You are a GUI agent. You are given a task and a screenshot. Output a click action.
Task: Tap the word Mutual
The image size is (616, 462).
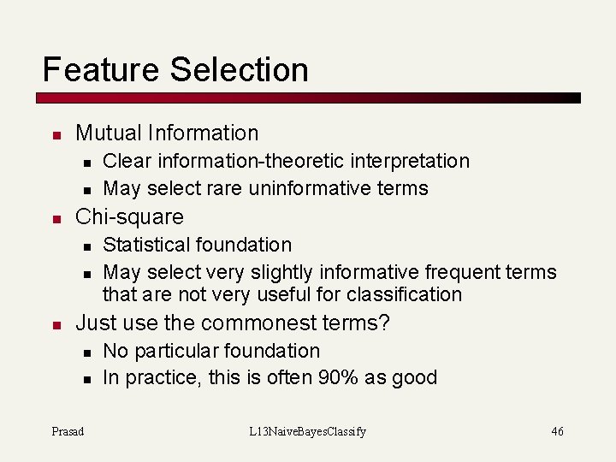(x=109, y=133)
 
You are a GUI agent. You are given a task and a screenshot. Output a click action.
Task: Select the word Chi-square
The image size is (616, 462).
(x=130, y=216)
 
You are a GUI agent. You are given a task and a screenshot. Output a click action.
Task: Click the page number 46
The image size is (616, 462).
(x=557, y=431)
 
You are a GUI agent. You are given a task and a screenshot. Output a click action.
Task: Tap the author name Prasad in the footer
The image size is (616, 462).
(x=68, y=431)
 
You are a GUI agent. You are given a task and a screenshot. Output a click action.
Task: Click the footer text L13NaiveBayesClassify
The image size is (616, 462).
(x=307, y=431)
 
